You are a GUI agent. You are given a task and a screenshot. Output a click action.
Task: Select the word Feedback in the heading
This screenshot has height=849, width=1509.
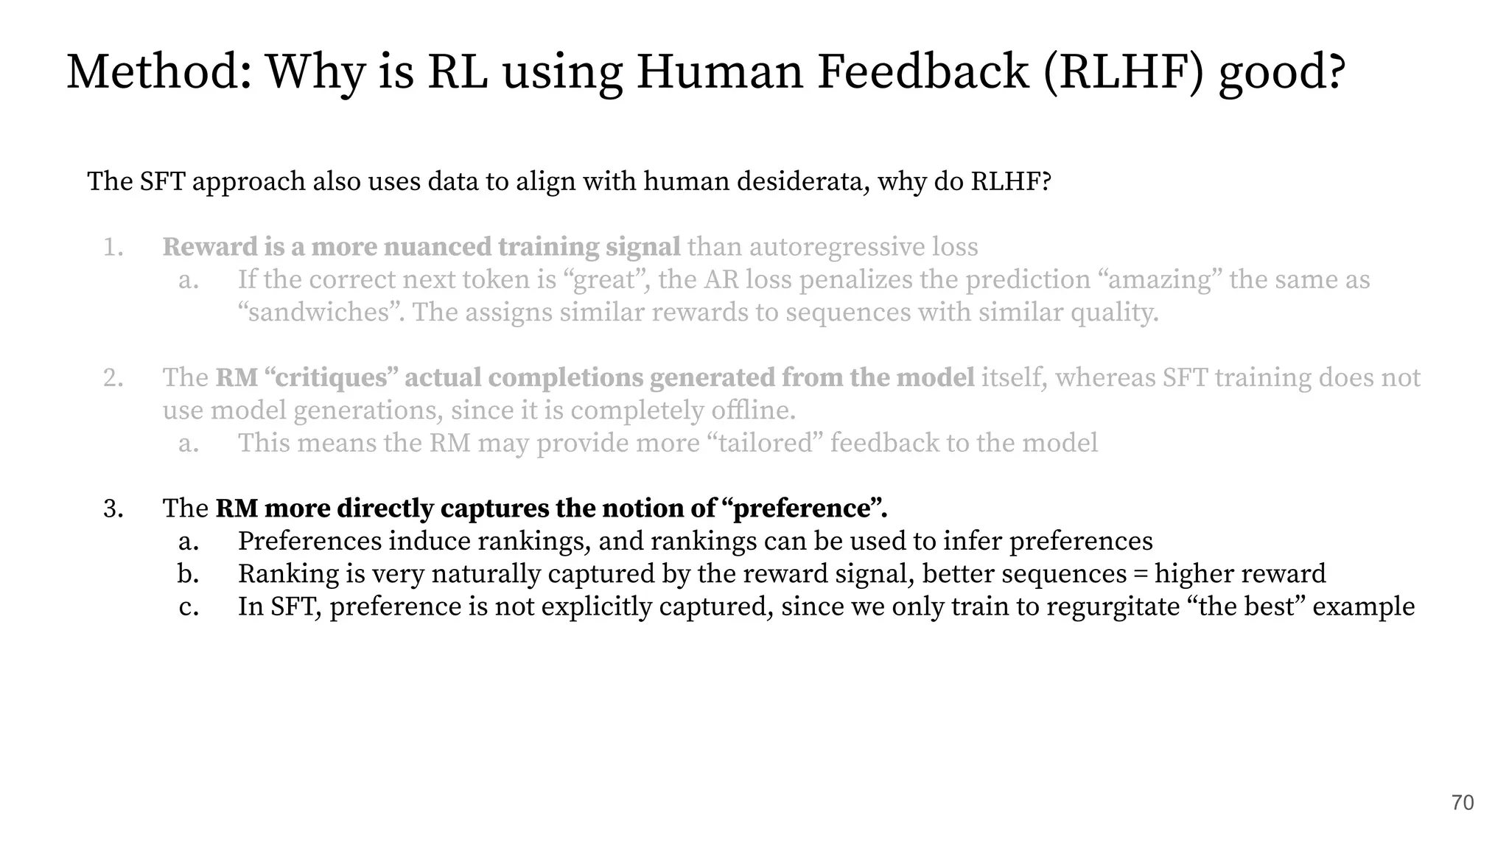922,72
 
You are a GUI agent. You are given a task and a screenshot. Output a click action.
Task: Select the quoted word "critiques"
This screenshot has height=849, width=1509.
330,377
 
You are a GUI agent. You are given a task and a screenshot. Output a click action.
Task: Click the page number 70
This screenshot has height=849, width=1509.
1463,803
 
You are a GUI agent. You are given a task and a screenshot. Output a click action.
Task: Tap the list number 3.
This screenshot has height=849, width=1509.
113,509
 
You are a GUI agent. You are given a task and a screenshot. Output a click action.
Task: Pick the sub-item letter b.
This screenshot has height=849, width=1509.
188,573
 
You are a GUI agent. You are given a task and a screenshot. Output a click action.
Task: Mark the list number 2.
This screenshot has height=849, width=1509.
113,377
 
